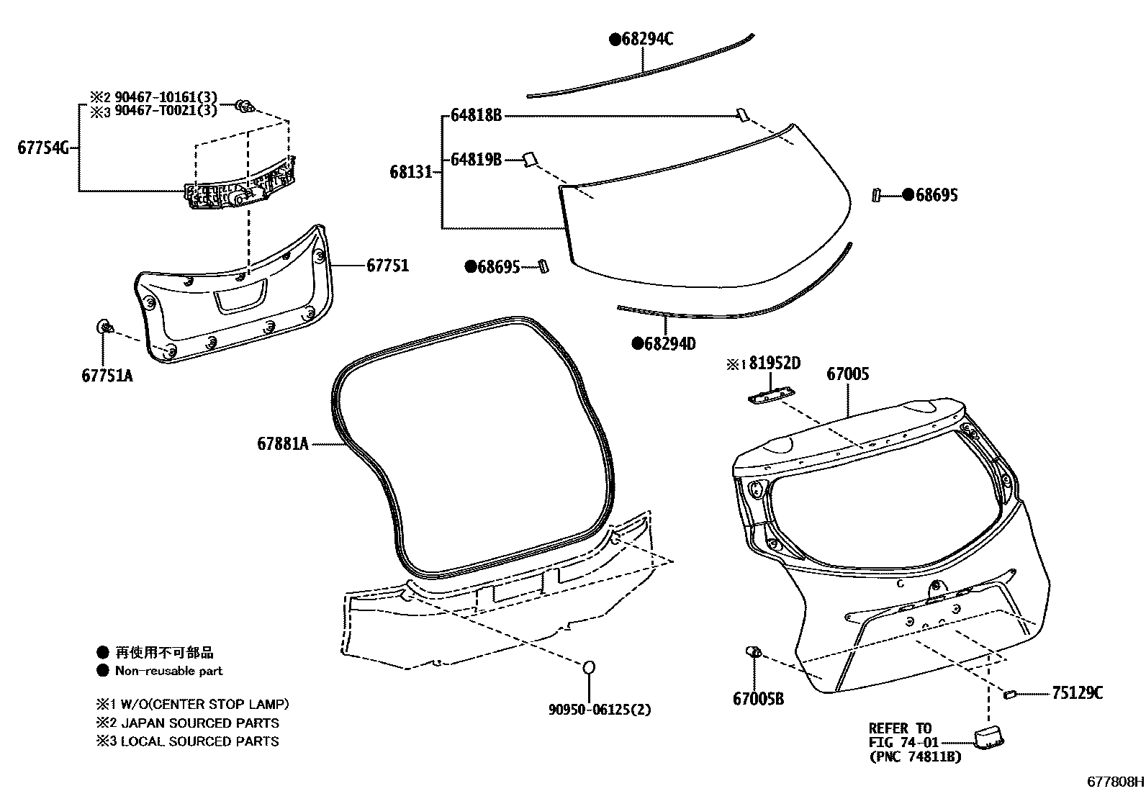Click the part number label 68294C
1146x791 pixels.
(x=647, y=40)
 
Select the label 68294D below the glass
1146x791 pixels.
(x=669, y=344)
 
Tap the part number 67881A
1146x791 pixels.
(x=282, y=444)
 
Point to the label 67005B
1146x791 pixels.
(x=758, y=698)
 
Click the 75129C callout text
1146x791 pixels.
(x=1077, y=693)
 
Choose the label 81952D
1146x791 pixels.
(x=775, y=363)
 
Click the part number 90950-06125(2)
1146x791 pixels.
(x=600, y=710)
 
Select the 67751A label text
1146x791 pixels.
(x=107, y=375)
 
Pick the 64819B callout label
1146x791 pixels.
(x=476, y=160)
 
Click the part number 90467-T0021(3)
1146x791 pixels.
(x=166, y=111)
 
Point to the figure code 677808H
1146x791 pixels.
(x=1115, y=781)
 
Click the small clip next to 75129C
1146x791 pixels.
(x=1009, y=694)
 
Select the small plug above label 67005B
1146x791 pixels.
(x=754, y=652)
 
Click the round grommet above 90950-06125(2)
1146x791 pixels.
(x=588, y=667)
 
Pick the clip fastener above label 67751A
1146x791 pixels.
(x=104, y=328)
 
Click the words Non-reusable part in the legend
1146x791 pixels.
(x=169, y=671)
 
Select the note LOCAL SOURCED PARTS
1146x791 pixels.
(x=199, y=741)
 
